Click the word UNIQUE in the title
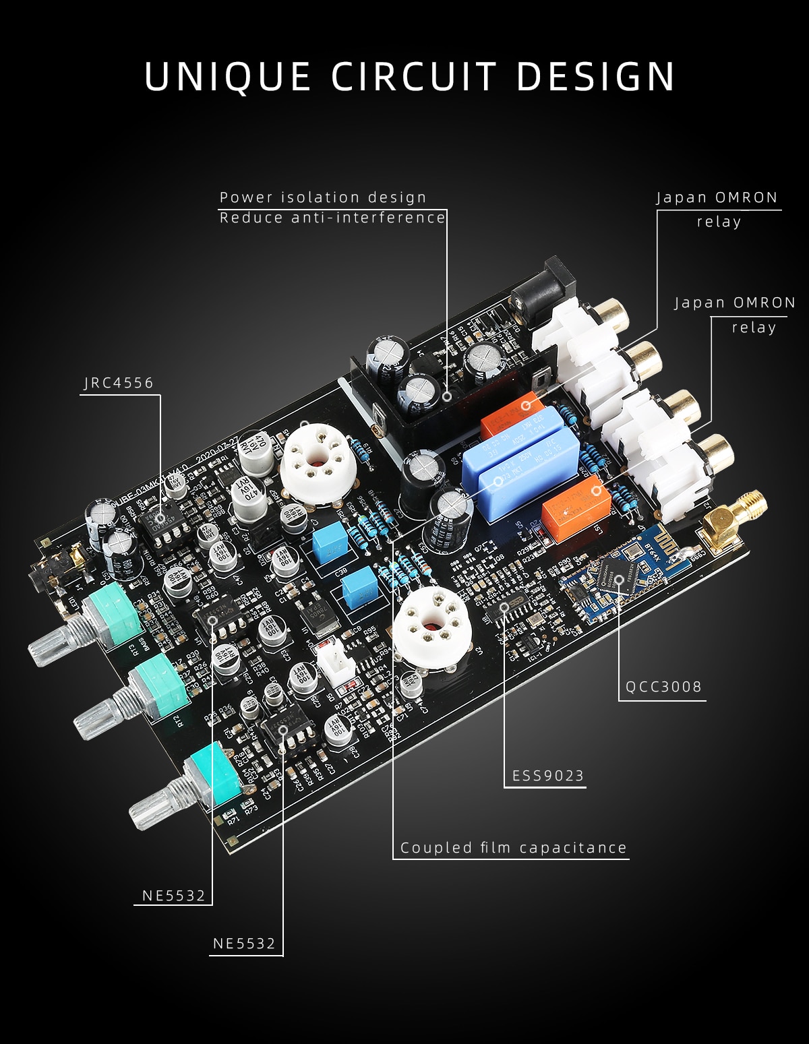pyautogui.click(x=227, y=76)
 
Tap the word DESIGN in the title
pyautogui.click(x=596, y=76)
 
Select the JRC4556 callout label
pyautogui.click(x=119, y=383)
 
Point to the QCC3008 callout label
pyautogui.click(x=663, y=687)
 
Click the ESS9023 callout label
pyautogui.click(x=548, y=776)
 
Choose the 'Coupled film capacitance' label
pyautogui.click(x=513, y=848)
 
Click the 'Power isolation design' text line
pyautogui.click(x=323, y=197)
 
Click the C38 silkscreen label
pyautogui.click(x=340, y=571)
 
